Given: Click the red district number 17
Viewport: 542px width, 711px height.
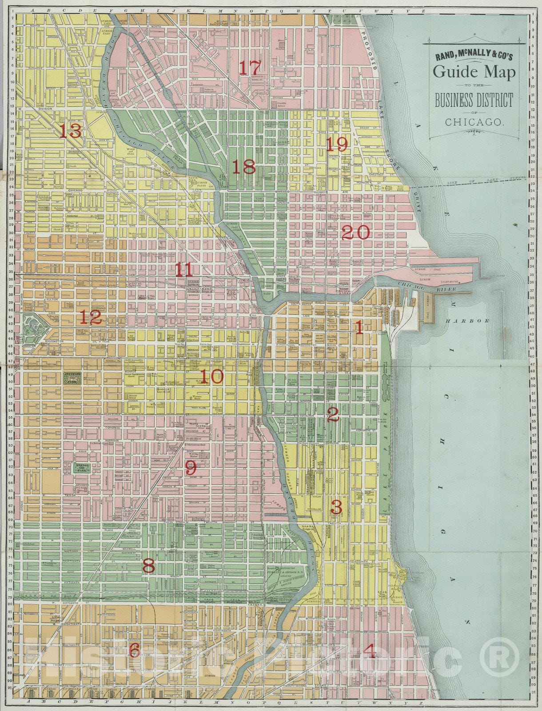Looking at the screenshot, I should [249, 68].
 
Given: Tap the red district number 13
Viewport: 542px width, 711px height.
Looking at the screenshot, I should [71, 131].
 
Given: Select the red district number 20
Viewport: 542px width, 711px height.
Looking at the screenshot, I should [355, 232].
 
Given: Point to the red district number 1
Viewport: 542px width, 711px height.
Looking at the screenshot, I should [359, 328].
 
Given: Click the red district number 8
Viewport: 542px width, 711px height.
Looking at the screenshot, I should [148, 566].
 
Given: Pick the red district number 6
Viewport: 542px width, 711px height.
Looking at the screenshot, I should [135, 650].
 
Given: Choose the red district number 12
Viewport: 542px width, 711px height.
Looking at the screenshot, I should [91, 317].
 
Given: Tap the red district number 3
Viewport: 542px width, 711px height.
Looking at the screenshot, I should [336, 507].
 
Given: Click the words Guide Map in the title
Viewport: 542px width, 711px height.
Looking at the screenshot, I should [474, 72].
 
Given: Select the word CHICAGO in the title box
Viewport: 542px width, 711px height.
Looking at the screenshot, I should [474, 121].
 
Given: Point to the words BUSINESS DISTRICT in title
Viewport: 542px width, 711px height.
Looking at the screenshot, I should [474, 101].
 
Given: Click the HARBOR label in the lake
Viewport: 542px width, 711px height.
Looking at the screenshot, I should [468, 320].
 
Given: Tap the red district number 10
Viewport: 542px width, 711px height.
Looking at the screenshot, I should [211, 377].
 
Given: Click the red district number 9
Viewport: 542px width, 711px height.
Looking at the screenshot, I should [190, 467].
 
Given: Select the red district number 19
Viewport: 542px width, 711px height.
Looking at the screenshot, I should [337, 144].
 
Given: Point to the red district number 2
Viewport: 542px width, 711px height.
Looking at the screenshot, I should [333, 414].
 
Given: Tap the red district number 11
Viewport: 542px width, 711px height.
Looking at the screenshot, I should [183, 269].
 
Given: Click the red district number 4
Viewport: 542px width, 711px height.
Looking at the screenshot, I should [370, 651].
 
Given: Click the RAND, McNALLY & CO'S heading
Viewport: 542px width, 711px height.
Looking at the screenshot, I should [474, 56].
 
